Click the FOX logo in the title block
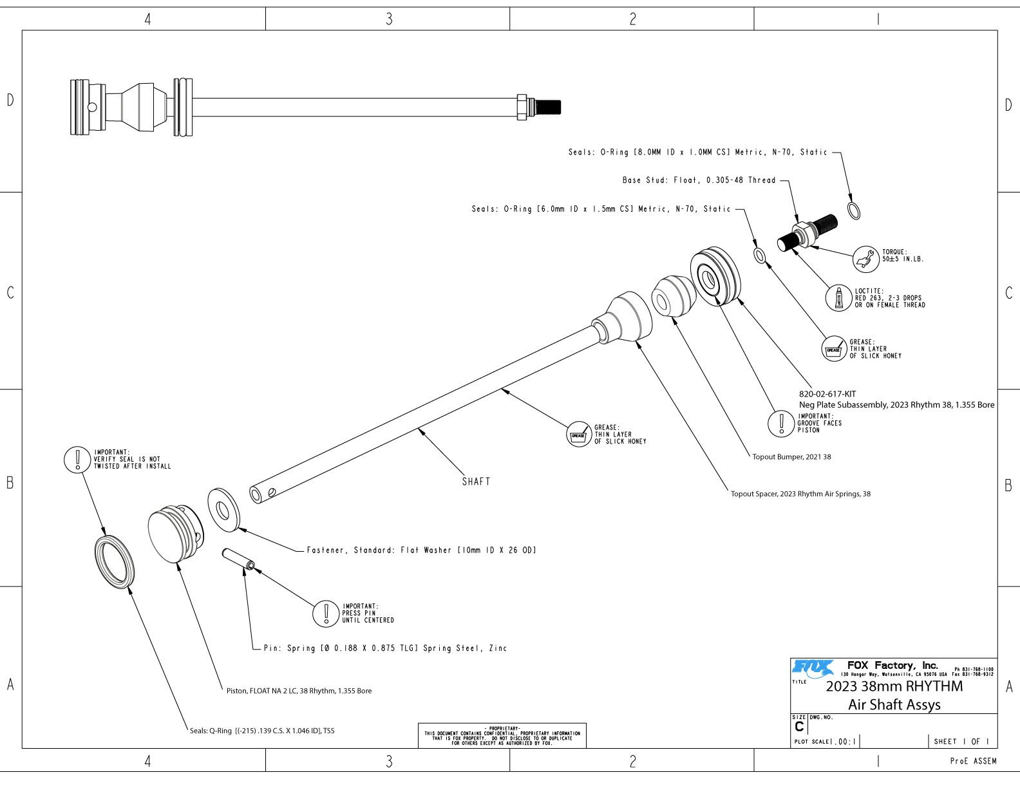coord(813,668)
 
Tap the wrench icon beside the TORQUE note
coord(865,259)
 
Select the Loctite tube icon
coord(839,298)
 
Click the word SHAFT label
coord(476,482)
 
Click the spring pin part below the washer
coord(238,559)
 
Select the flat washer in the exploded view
coord(224,510)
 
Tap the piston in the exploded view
coord(176,534)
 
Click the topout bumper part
coord(674,296)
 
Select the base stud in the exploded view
coord(807,233)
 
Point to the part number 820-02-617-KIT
coord(827,394)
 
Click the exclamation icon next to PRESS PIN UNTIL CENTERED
coord(326,614)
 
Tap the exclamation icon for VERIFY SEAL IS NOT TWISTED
coord(77,460)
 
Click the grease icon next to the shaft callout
coord(578,434)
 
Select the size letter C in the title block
coord(799,727)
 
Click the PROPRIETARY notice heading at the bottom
coord(502,728)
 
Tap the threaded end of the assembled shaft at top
coord(548,107)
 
